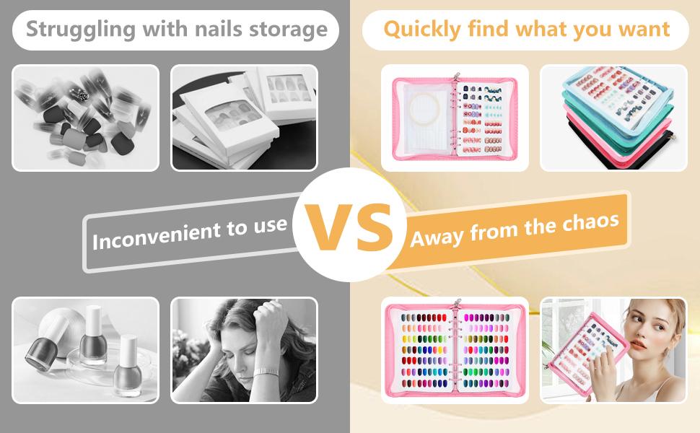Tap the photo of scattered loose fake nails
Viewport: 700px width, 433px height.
(x=86, y=118)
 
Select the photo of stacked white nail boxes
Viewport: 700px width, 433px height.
(x=244, y=118)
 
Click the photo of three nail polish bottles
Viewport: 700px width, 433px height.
(x=86, y=350)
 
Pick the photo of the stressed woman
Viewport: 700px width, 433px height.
(x=244, y=350)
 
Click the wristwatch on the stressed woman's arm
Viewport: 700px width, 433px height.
(x=266, y=372)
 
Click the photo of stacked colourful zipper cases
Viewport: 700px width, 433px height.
(x=613, y=118)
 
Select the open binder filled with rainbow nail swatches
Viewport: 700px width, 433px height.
(x=455, y=350)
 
